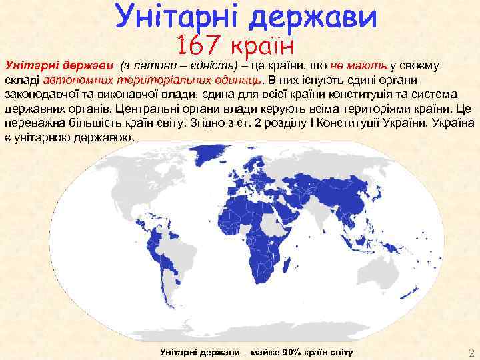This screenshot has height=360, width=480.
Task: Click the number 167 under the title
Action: click(200, 46)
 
